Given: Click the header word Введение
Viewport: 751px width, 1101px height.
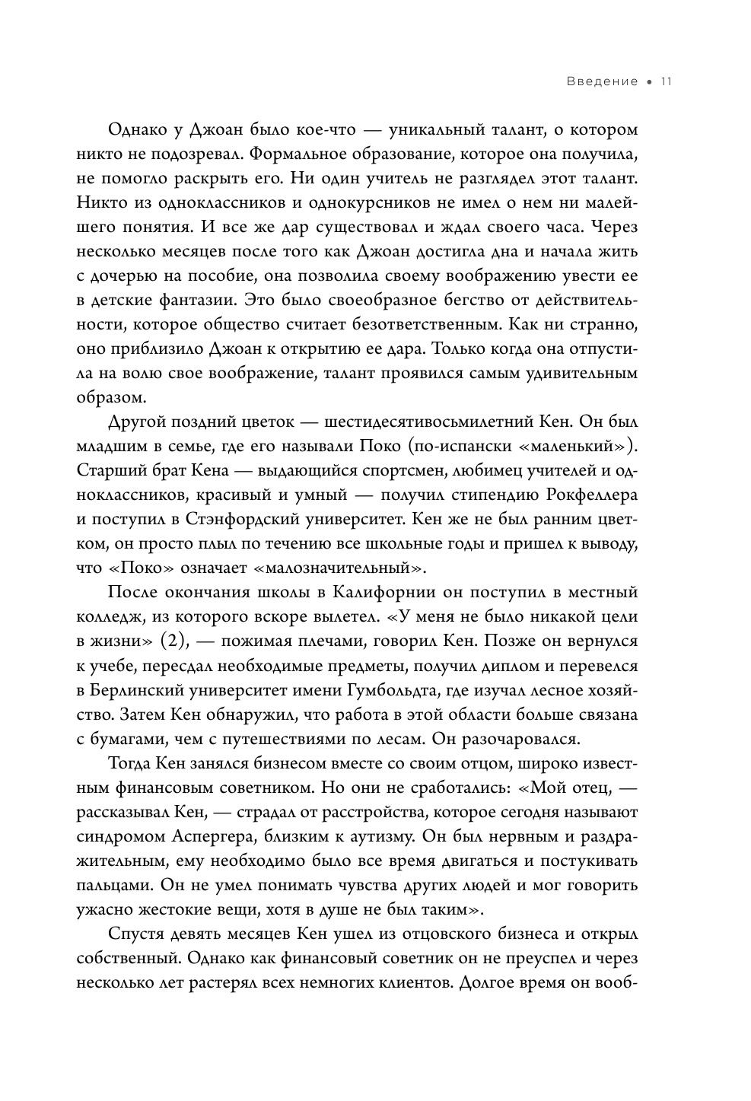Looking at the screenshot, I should click(x=602, y=81).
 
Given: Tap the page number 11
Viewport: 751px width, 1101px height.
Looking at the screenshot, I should click(x=664, y=81).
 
